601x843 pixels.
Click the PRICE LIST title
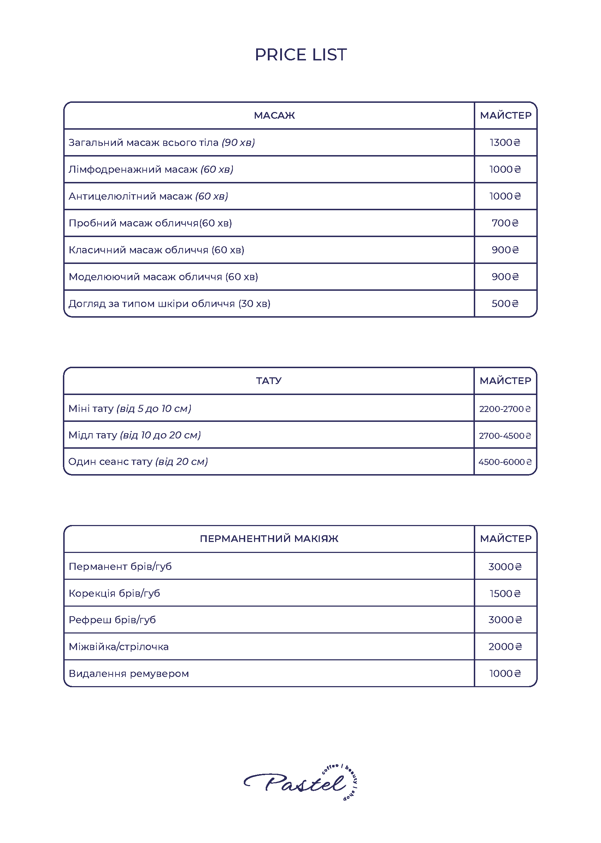tap(300, 55)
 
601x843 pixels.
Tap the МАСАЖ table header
tap(274, 116)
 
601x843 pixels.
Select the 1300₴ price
tap(505, 142)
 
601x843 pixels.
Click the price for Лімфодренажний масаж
tap(505, 170)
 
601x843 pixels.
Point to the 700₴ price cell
tap(505, 223)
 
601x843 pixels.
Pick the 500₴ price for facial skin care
tap(505, 304)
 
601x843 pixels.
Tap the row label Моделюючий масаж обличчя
tap(163, 277)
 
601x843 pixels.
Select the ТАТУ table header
tap(269, 381)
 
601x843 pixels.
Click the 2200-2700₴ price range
tap(505, 409)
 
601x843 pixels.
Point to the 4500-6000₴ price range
tap(505, 462)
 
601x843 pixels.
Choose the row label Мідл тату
tap(134, 435)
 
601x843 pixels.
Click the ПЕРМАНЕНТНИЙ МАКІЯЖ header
tap(269, 539)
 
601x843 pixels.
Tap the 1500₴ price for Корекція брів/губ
tap(505, 594)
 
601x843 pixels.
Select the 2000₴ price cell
tap(505, 647)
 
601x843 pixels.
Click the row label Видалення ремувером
tap(129, 673)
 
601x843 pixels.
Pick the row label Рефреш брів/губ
tap(112, 620)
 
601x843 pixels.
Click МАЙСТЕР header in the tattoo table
tap(505, 381)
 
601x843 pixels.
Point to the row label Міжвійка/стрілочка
tap(118, 647)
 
